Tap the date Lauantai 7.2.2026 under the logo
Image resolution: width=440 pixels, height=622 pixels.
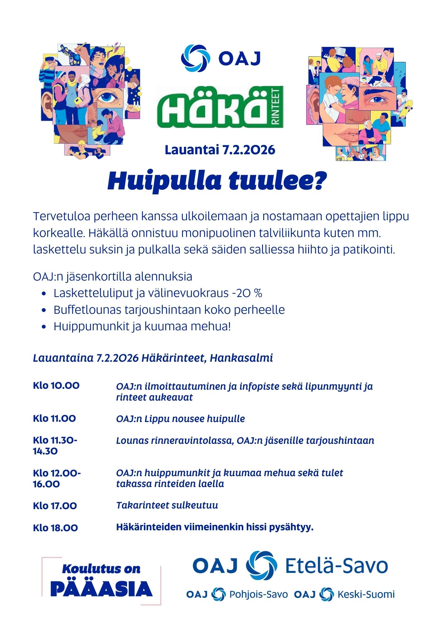[220, 150]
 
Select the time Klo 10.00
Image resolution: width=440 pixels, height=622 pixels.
[56, 386]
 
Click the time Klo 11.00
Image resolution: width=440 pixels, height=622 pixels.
[54, 419]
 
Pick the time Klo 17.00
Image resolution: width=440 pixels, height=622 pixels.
[55, 506]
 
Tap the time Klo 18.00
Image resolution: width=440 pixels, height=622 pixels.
[55, 528]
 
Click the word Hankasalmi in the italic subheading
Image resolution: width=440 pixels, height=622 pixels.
[241, 358]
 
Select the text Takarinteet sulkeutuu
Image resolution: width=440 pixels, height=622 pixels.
[167, 505]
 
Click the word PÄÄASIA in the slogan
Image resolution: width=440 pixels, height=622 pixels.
[101, 589]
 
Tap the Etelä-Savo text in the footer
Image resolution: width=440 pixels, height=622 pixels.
[336, 566]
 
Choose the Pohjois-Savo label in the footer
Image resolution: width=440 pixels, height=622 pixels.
[258, 594]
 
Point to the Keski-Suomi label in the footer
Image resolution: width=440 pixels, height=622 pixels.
[366, 594]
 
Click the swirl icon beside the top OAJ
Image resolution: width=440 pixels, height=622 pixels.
[195, 58]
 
